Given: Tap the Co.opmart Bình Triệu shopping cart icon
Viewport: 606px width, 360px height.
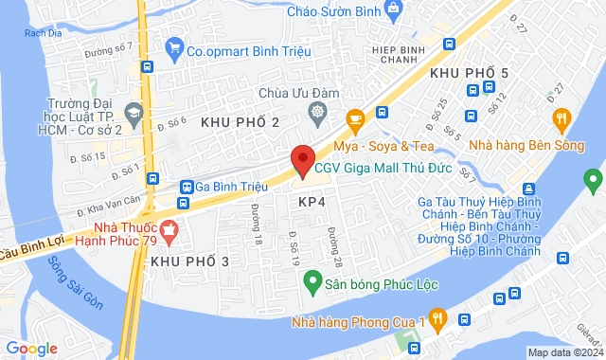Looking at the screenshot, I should (x=173, y=46).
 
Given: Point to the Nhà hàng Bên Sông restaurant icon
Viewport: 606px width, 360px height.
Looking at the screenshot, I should (x=561, y=118).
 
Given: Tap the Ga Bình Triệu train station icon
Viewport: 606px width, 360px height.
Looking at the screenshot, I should (x=187, y=188).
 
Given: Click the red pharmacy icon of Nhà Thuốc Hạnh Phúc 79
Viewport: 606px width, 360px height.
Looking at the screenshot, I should (x=169, y=228).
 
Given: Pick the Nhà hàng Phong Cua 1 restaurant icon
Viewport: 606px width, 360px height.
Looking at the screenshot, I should (x=437, y=318).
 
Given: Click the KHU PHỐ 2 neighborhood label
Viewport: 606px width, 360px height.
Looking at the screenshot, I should (x=240, y=122).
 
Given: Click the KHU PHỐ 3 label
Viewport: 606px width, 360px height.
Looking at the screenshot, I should (x=189, y=261).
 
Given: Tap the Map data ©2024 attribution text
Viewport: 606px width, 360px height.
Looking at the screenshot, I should (x=564, y=352).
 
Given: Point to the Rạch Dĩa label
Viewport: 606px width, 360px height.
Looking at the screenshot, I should (x=43, y=33).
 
